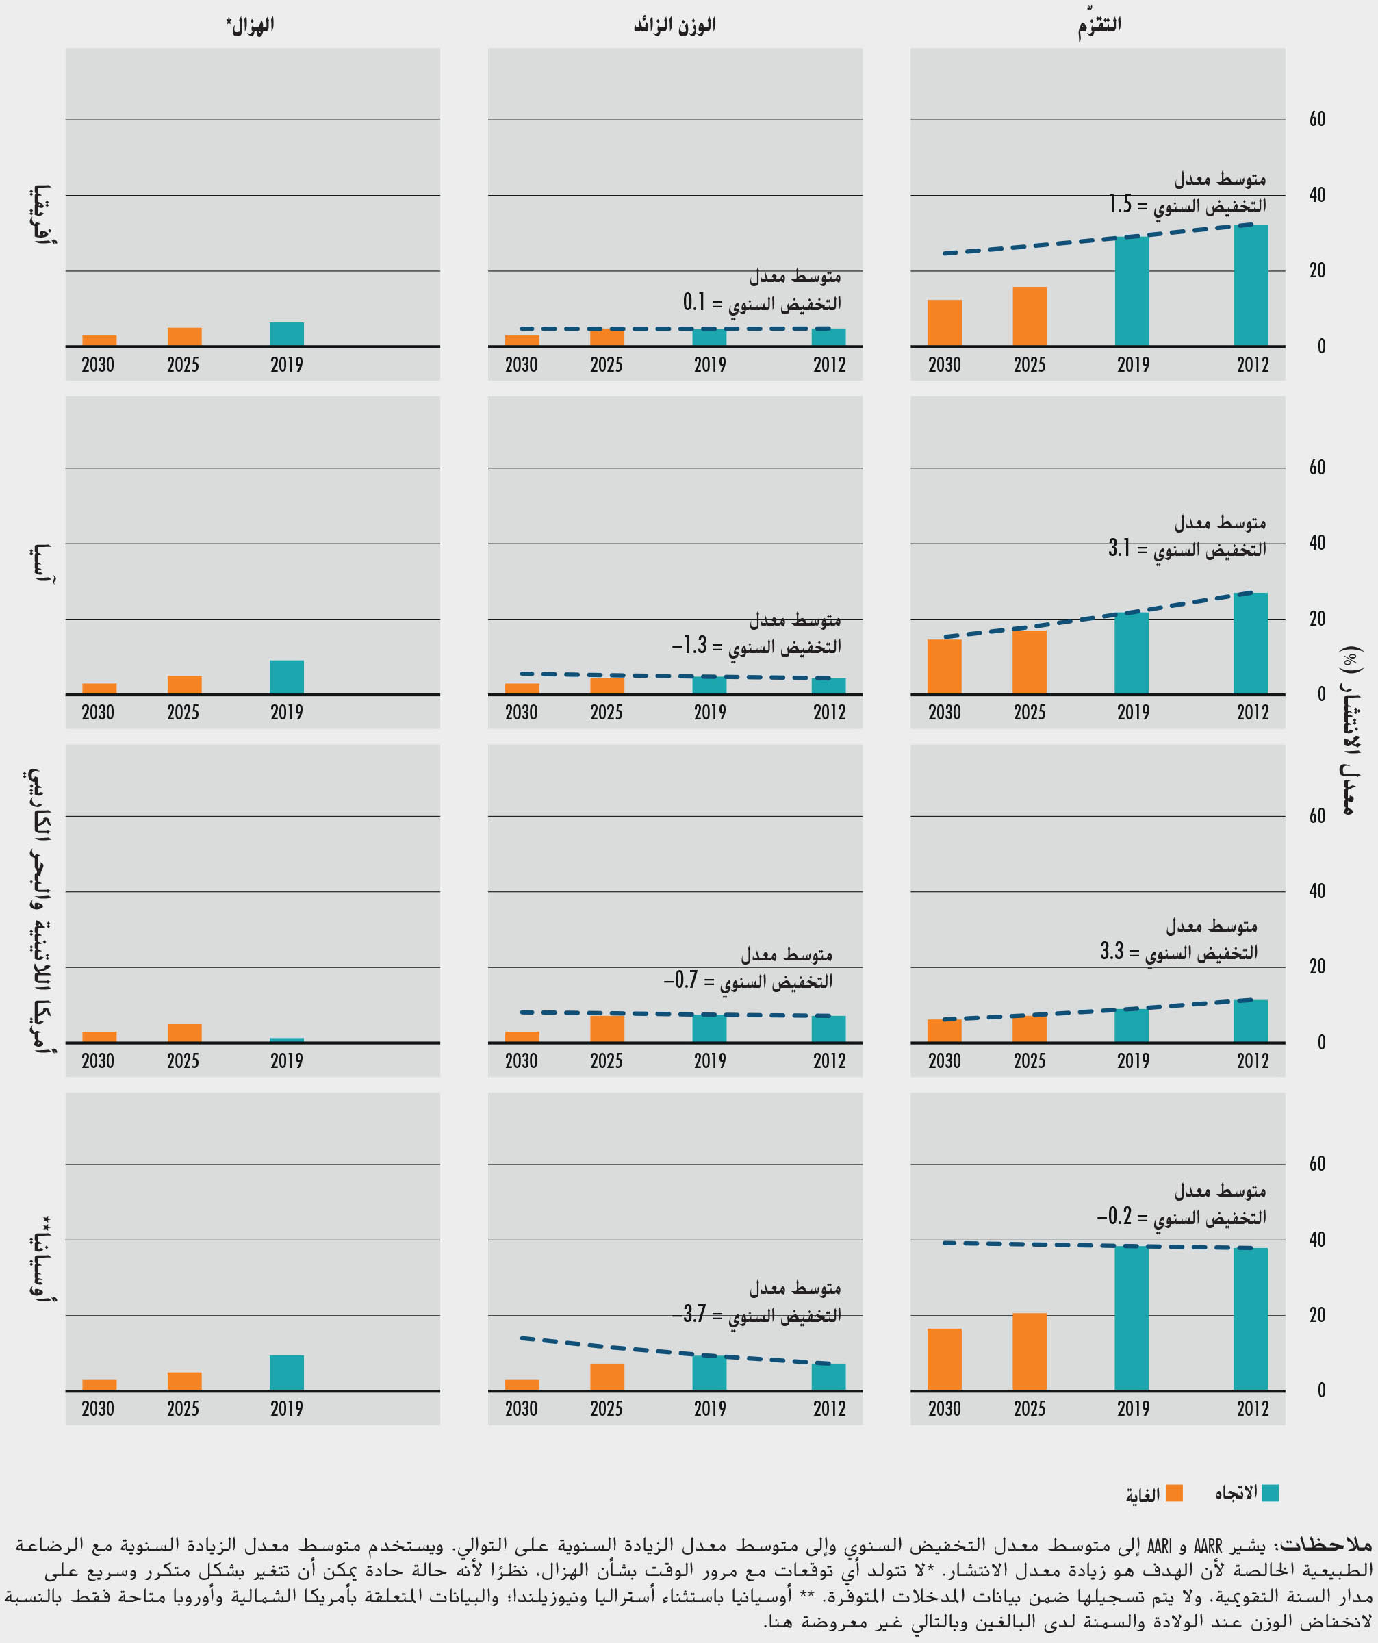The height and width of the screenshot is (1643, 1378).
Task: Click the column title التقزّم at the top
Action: tap(1099, 26)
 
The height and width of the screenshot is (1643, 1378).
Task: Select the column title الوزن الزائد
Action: tap(674, 26)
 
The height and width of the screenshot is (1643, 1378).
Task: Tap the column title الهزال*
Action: tap(251, 26)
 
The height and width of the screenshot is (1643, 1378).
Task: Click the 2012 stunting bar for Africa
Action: tap(1251, 285)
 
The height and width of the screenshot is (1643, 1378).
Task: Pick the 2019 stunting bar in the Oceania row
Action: tap(1132, 1318)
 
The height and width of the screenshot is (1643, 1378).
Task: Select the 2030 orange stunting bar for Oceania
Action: tap(945, 1359)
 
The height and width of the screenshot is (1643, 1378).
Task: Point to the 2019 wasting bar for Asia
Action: tap(286, 678)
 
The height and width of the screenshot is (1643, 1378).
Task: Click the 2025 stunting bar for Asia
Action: tap(1029, 662)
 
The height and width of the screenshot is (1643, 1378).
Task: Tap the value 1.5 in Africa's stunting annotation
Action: tap(1120, 205)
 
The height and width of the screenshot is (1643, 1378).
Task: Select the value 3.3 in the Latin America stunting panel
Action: tap(1112, 952)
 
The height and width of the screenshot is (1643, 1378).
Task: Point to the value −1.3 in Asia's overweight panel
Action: tap(689, 646)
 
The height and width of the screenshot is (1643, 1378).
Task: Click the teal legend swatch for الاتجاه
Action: tap(1270, 1493)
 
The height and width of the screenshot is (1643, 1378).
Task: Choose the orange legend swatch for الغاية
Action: tap(1174, 1494)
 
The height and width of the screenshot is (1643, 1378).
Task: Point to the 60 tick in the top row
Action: tap(1317, 119)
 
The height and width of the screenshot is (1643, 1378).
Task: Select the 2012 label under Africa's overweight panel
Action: tap(829, 365)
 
